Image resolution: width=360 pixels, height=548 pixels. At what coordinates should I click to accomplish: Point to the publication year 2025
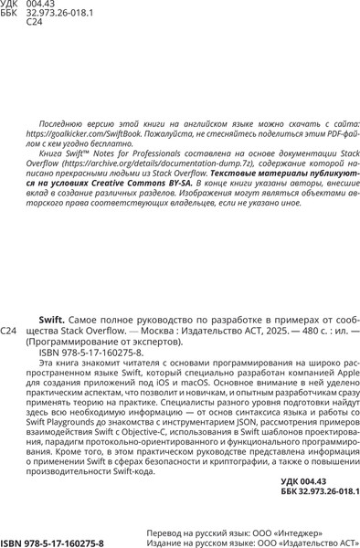click(x=275, y=331)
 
